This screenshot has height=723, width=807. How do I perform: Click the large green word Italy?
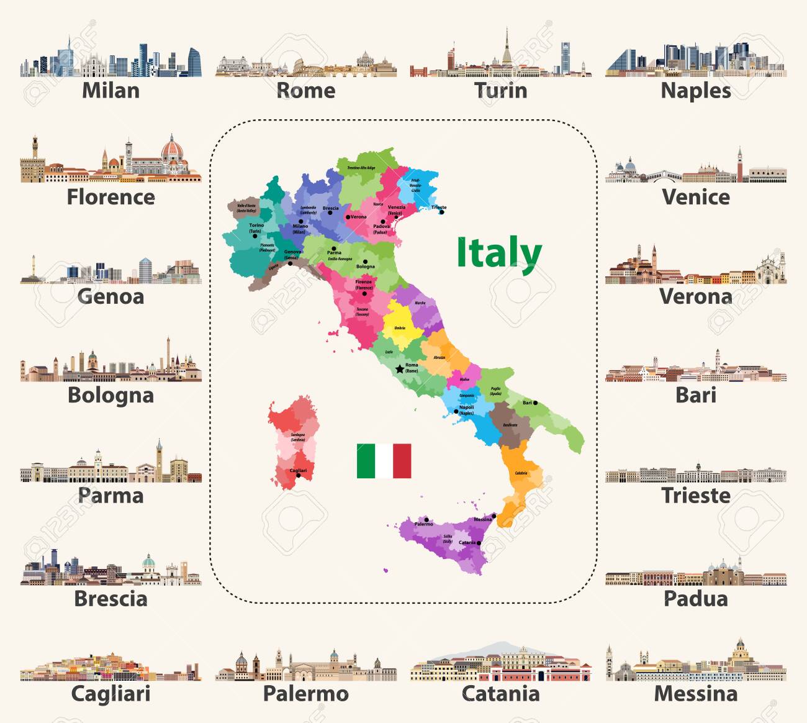tap(499, 253)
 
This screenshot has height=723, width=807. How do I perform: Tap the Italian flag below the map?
tap(384, 461)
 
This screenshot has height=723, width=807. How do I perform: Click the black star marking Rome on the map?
tap(400, 369)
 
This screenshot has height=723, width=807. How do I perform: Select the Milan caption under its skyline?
tap(110, 91)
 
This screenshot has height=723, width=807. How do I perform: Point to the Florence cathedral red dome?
tap(172, 150)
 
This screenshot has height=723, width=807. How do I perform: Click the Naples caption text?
tap(695, 91)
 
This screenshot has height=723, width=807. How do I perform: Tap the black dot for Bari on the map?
tap(535, 403)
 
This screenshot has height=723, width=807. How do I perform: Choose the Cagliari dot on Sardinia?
tap(298, 476)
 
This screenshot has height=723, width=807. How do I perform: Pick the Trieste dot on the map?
tap(441, 212)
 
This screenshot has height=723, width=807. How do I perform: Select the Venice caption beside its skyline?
tap(695, 197)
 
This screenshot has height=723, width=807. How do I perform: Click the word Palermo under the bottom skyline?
tap(305, 693)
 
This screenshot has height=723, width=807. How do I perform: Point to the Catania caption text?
tap(500, 693)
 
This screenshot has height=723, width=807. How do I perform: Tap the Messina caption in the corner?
tap(695, 693)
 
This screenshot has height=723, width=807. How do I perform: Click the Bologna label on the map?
tap(365, 266)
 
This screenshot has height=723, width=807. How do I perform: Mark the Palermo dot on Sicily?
tap(426, 518)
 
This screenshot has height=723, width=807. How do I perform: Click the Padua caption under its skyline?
tap(695, 598)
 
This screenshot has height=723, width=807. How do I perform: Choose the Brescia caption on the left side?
tap(110, 598)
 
